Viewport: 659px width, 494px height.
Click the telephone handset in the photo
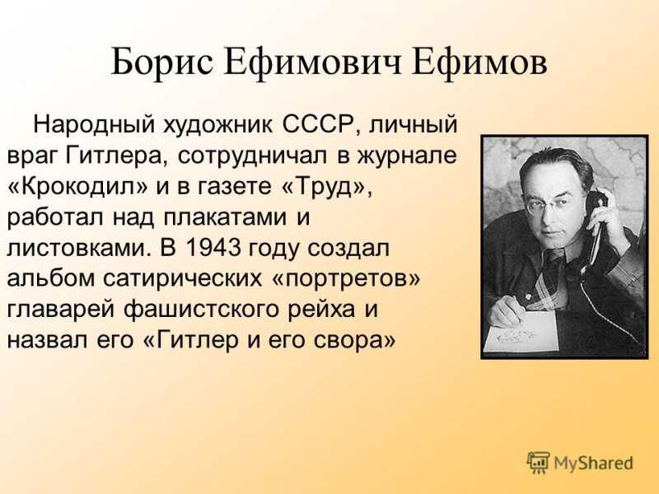(594, 222)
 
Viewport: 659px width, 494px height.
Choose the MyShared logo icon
(539, 463)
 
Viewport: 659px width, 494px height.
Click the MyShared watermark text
(593, 463)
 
